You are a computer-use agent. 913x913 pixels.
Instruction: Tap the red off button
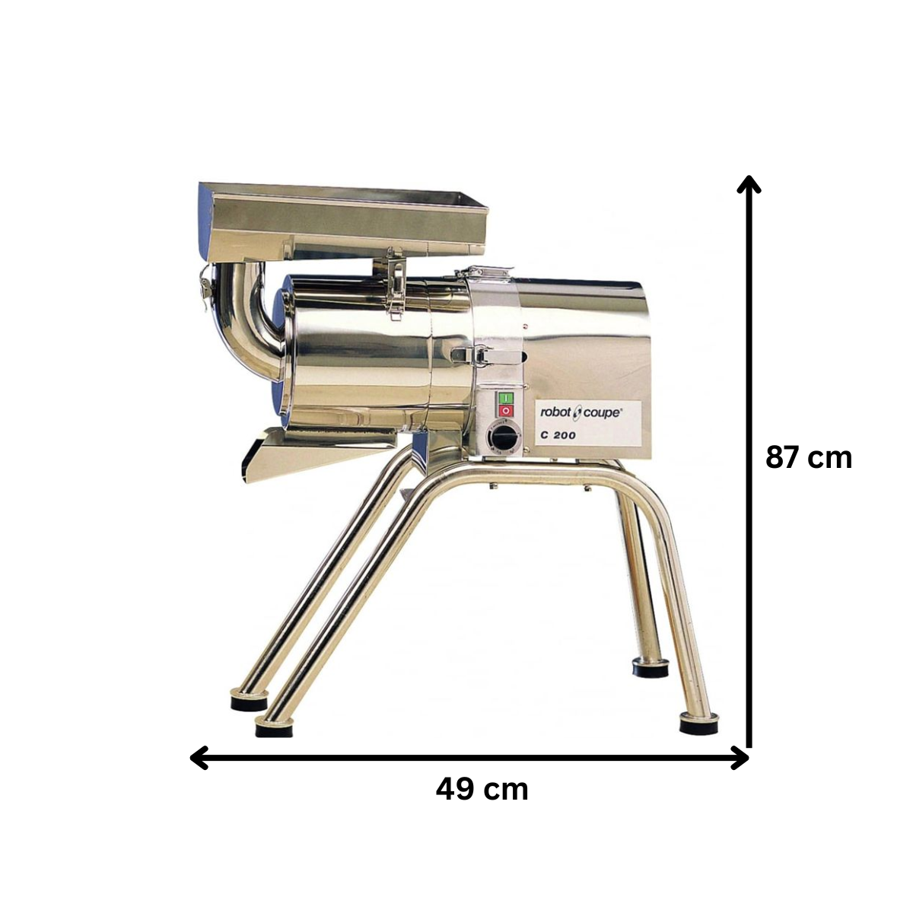pos(505,411)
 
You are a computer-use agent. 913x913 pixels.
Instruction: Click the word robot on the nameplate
pos(555,412)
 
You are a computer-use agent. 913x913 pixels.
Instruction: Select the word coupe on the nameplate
pos(604,412)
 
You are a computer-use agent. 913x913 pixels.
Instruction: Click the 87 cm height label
pos(809,458)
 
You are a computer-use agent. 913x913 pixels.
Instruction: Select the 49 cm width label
pos(482,789)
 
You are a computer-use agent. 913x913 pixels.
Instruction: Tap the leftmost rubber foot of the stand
pos(249,700)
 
